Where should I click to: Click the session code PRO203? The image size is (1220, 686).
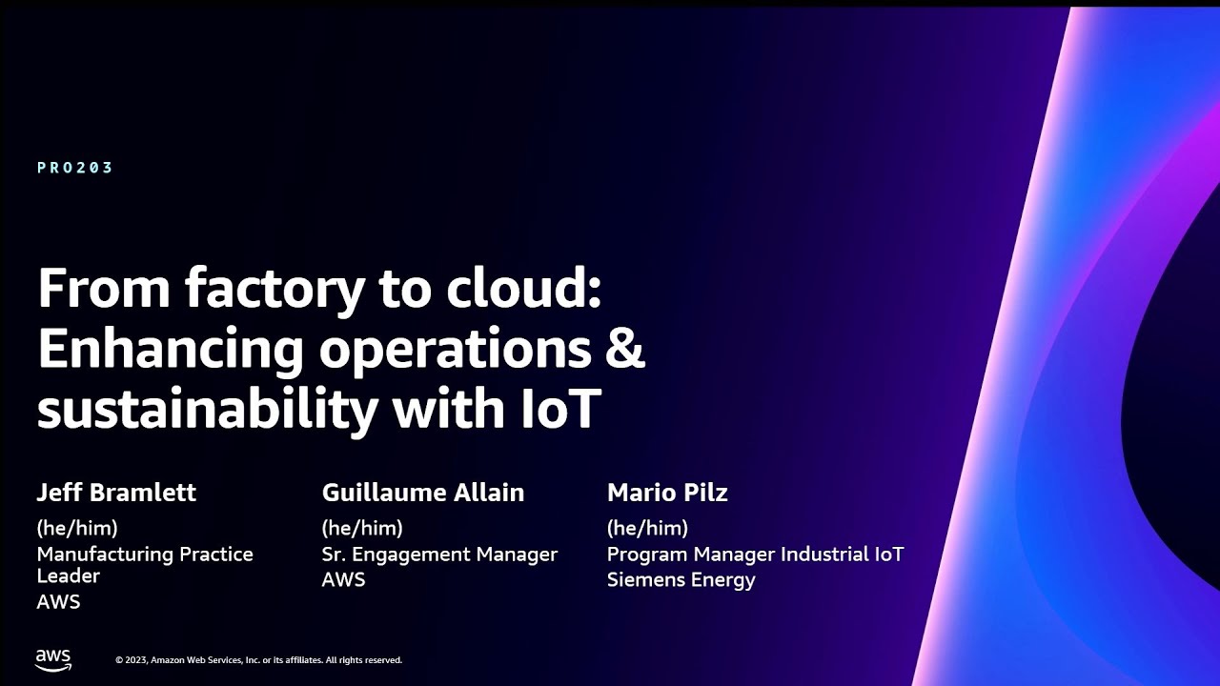coord(75,168)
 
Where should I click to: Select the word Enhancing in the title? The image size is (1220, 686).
coord(170,350)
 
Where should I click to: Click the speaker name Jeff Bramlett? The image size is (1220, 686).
coord(116,493)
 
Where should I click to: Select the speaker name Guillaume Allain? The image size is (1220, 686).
coord(423,493)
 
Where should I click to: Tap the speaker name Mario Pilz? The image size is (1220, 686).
coord(667,493)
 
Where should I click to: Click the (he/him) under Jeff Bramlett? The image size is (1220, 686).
coord(77,528)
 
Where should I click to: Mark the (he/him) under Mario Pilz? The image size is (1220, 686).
coord(647,528)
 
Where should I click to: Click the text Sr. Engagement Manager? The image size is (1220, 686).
coord(439,554)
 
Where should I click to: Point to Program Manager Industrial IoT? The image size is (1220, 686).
coord(755,554)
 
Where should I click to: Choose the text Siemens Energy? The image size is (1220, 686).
coord(681,579)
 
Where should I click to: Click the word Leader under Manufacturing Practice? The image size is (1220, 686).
coord(69,575)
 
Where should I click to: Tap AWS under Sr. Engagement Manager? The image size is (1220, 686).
coord(343,579)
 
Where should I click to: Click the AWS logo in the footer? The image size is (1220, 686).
coord(53,659)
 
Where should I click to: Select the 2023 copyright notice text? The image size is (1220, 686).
coord(258,660)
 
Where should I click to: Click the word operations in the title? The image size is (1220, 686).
coord(455,350)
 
